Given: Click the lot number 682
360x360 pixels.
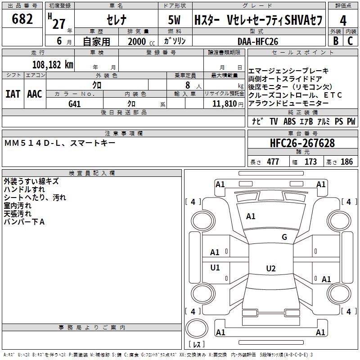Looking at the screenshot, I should pyautogui.click(x=22, y=19).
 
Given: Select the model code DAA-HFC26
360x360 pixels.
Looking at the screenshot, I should pyautogui.click(x=258, y=41).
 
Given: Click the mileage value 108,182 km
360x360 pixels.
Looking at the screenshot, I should pyautogui.click(x=53, y=64).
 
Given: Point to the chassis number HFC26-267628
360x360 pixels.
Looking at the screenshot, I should pyautogui.click(x=302, y=143).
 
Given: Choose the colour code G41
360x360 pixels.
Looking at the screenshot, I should pyautogui.click(x=75, y=103).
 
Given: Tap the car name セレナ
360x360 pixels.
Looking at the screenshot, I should pyautogui.click(x=116, y=20).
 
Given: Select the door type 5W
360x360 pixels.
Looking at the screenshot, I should pyautogui.click(x=175, y=20).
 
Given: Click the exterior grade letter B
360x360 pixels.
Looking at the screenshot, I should pyautogui.click(x=335, y=41).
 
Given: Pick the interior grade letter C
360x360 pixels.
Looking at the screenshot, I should pyautogui.click(x=350, y=41).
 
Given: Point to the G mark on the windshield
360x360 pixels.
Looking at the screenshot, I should pyautogui.click(x=284, y=237).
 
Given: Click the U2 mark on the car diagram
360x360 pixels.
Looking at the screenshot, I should pyautogui.click(x=270, y=269).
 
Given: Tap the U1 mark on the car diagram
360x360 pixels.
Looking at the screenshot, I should pyautogui.click(x=215, y=268).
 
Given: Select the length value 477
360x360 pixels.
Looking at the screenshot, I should pyautogui.click(x=273, y=162).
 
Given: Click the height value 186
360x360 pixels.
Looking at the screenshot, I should pyautogui.click(x=346, y=162).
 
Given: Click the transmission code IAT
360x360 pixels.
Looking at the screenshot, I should pyautogui.click(x=12, y=94).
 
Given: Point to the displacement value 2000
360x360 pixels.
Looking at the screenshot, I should pyautogui.click(x=137, y=41).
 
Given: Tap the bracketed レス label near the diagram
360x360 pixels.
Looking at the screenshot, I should pyautogui.click(x=196, y=345).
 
